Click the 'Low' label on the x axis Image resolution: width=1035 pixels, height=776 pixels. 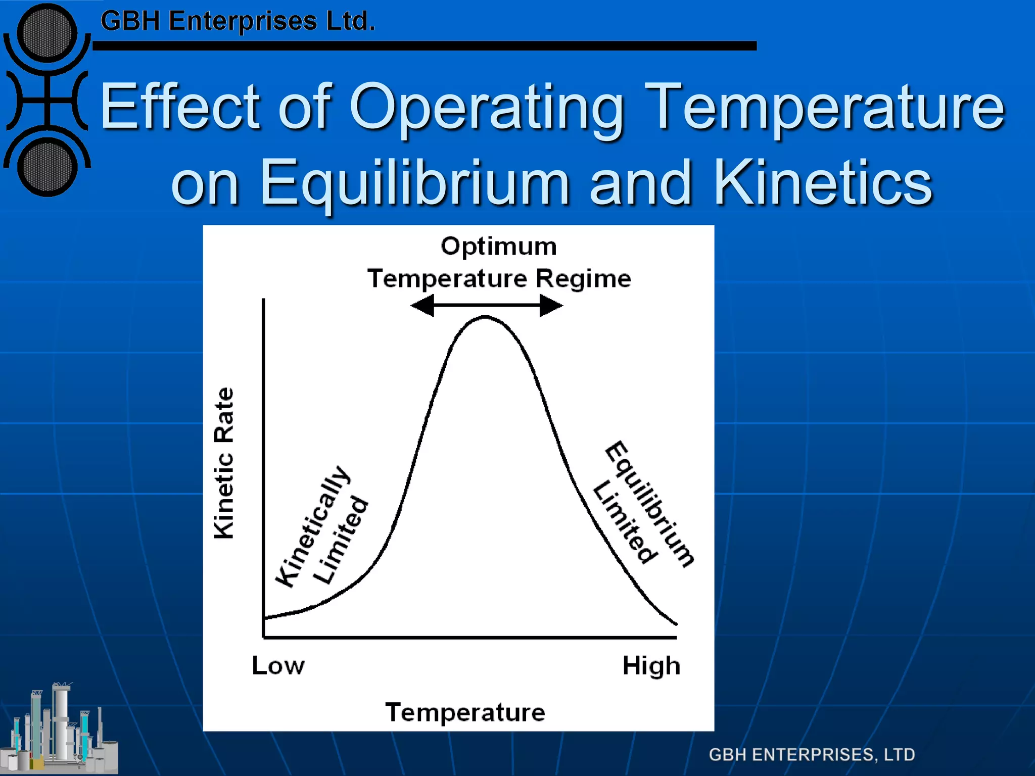pos(278,665)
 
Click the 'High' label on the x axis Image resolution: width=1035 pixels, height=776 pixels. pos(651,666)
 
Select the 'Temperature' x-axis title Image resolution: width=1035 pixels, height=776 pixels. pos(465,712)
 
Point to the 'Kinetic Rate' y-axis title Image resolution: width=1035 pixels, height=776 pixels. pos(224,463)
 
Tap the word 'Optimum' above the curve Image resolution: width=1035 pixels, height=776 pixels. pos(499,247)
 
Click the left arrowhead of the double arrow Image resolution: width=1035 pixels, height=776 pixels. pos(422,305)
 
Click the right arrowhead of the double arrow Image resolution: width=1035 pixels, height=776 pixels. pos(551,305)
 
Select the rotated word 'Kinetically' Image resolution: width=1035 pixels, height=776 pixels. pos(312,526)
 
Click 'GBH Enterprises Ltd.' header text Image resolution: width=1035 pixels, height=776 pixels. pos(238,21)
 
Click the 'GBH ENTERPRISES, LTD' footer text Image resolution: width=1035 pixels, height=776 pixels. pos(812,754)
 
